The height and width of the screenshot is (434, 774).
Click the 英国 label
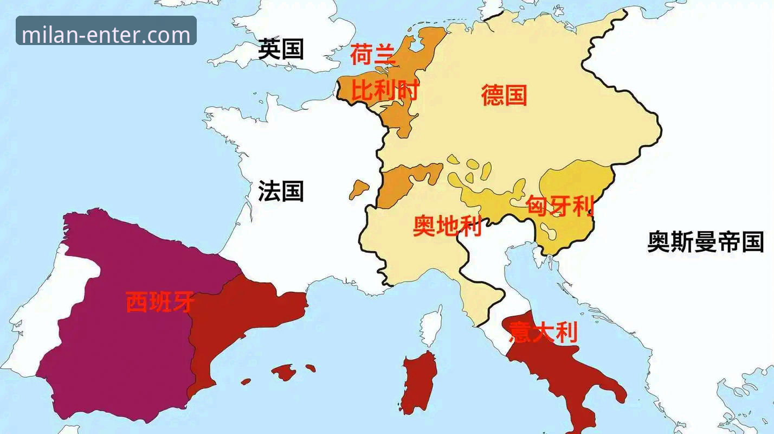point(280,49)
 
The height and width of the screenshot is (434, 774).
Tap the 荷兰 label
point(373,55)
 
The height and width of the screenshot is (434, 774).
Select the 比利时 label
point(385,91)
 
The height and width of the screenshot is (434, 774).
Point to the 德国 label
point(504,95)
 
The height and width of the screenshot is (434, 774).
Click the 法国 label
point(280,192)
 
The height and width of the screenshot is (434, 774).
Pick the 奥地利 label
point(447,226)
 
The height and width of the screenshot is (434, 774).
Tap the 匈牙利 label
point(560,206)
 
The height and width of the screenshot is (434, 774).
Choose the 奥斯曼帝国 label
point(705,241)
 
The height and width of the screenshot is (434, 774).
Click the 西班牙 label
point(160,302)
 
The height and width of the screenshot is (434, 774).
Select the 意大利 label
point(543,332)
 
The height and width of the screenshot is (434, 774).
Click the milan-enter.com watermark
point(106,35)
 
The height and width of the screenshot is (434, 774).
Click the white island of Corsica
point(431,327)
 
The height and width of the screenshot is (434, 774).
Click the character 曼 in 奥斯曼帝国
point(705,241)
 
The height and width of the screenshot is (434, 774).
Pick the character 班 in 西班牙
point(160,302)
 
